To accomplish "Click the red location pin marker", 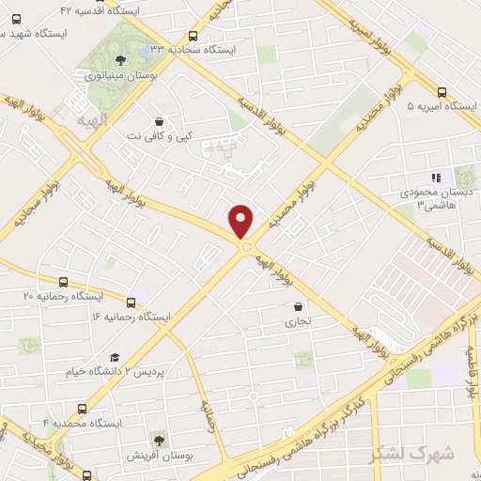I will pos(241,221).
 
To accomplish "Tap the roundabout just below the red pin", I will pos(246,247).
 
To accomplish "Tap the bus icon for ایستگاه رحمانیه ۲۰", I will pos(63,282).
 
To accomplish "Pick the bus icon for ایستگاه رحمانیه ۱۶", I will pos(131,303).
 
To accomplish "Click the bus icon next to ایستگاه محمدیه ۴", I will pos(83,409).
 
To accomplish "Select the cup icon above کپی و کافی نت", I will pos(159,121).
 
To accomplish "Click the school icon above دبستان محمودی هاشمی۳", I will pos(435,177).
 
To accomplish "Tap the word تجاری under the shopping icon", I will pos(298,320).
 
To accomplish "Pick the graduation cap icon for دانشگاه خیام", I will pos(115,357).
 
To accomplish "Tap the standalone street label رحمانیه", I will pos(209,412).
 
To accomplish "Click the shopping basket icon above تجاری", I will pos(299,305).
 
